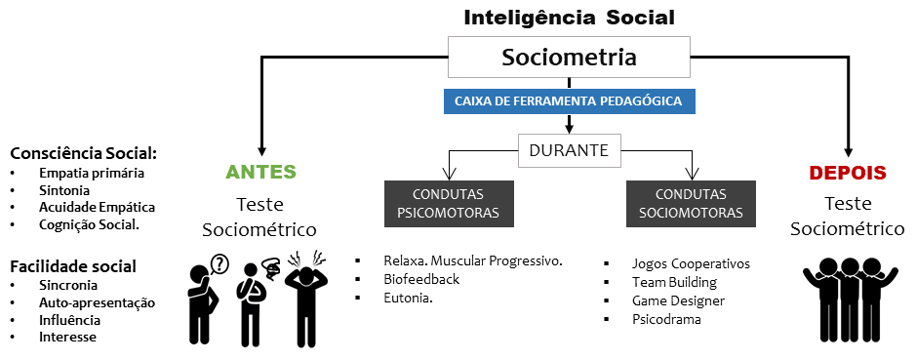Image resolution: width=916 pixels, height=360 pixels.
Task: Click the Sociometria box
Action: click(569, 58)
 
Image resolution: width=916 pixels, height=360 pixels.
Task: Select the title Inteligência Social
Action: click(569, 17)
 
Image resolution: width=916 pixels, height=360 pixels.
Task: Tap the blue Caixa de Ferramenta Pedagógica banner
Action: click(569, 100)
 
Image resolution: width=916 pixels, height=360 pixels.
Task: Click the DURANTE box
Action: click(569, 150)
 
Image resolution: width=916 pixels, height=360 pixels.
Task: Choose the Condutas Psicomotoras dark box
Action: click(449, 203)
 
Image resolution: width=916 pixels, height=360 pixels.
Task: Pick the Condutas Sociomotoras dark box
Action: click(691, 203)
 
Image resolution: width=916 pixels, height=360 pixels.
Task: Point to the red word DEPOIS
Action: click(847, 173)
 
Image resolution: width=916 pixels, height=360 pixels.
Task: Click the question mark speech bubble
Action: click(219, 262)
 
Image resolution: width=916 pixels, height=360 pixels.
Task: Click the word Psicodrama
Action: click(666, 319)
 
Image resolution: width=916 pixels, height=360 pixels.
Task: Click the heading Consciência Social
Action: click(83, 153)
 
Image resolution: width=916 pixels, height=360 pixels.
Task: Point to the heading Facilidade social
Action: click(72, 265)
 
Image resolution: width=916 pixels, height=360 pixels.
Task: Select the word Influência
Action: click(70, 319)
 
